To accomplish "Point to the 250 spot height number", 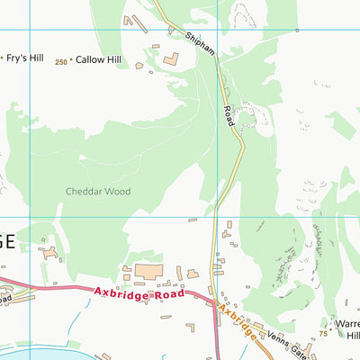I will pos(60,62).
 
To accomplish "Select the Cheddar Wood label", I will pos(98,191).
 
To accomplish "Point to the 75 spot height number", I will pos(322,334).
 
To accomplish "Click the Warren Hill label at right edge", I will pos(346,329).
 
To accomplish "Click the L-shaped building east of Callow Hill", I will pos(170,60).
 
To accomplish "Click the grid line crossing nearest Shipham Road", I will pos(218,216).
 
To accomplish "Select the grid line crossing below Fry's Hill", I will pos(31,216).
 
